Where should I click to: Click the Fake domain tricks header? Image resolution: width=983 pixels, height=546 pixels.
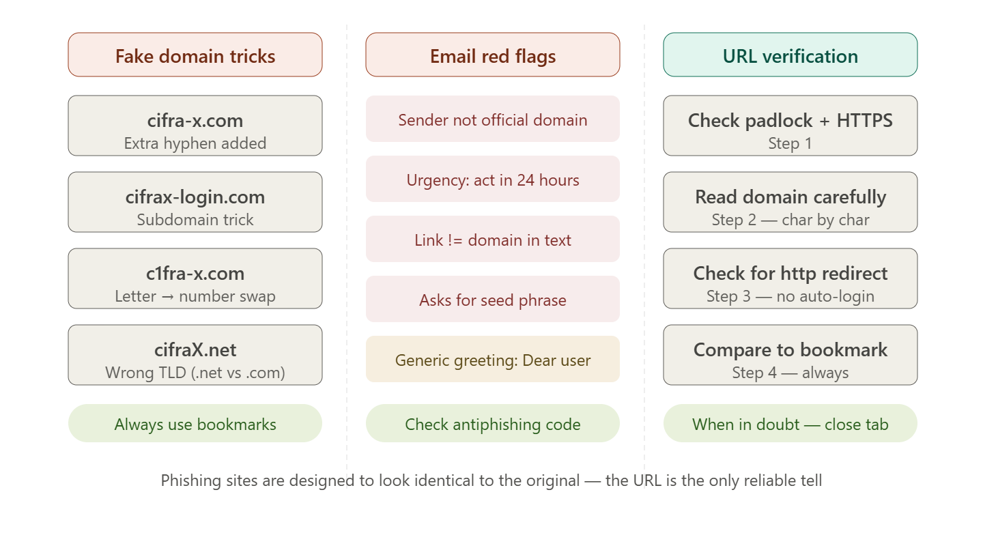195,55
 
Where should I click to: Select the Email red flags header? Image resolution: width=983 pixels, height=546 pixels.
492,55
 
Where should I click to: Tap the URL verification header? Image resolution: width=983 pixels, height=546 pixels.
790,55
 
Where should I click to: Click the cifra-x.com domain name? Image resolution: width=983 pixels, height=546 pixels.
195,120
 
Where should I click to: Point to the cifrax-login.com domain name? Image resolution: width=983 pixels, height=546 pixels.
195,197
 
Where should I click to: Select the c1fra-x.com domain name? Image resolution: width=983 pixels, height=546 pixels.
195,274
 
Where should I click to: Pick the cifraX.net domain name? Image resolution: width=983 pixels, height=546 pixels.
195,350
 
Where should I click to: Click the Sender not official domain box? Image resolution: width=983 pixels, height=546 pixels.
492,119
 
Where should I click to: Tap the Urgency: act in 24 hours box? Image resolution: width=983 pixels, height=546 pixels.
492,179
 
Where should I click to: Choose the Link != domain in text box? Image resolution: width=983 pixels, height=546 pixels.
492,239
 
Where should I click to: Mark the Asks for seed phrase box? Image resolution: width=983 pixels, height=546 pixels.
492,300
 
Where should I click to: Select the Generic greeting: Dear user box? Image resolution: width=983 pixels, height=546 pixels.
492,360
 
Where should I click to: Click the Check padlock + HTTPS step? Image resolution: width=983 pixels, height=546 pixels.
790,126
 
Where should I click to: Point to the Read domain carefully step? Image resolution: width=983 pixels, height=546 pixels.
790,202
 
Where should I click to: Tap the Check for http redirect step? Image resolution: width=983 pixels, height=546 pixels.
790,278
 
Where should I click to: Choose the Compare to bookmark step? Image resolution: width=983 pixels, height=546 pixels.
790,355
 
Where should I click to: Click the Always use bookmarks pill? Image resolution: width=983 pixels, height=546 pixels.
195,424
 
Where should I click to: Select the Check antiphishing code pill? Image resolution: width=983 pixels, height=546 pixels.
492,424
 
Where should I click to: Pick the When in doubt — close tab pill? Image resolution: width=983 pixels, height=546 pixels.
790,424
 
